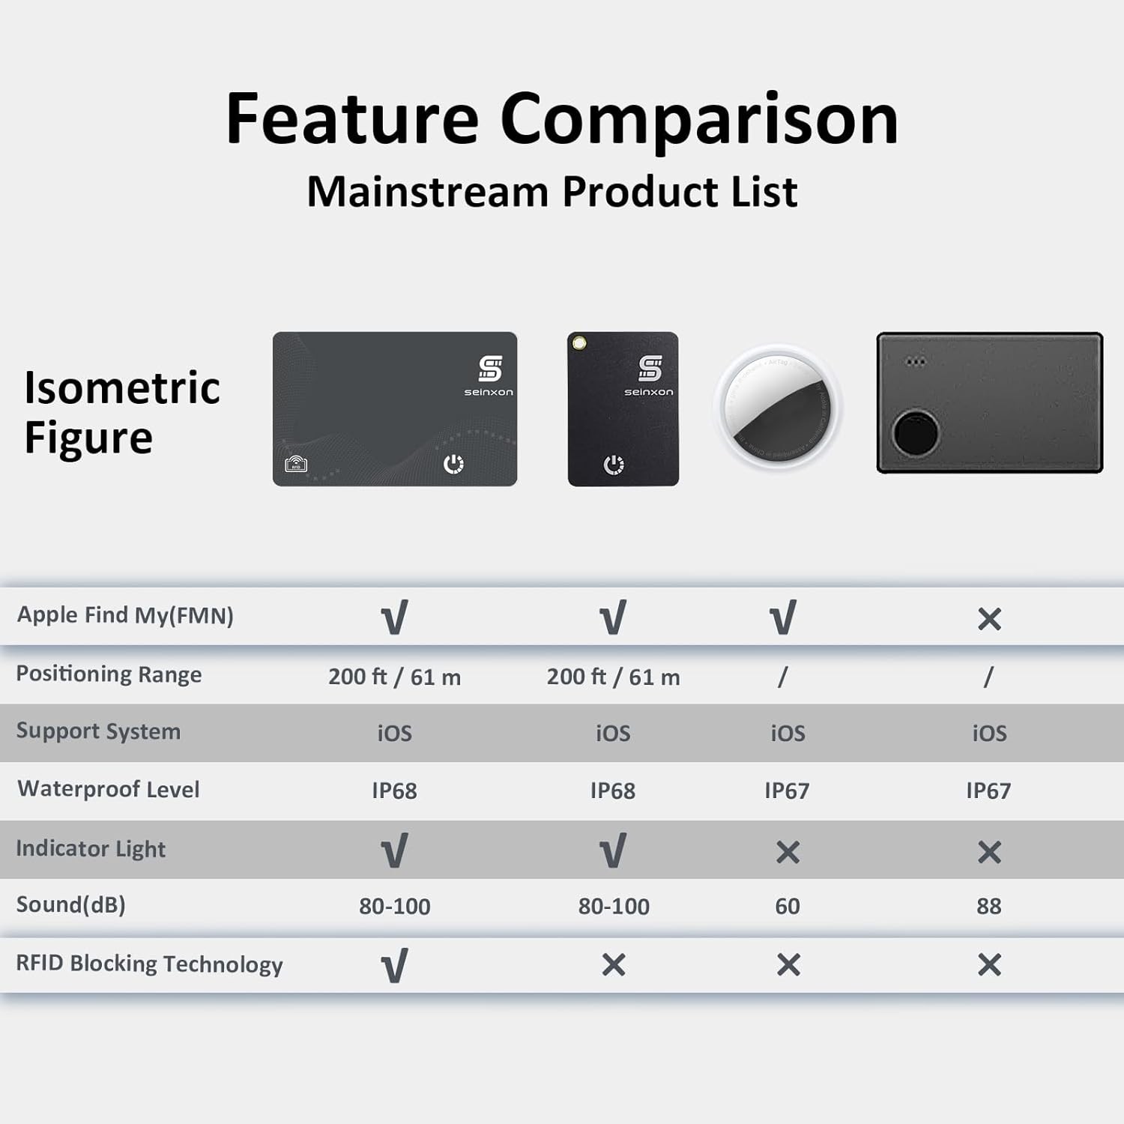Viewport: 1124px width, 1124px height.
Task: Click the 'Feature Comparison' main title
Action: [562, 120]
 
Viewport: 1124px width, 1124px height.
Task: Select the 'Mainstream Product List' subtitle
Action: [552, 192]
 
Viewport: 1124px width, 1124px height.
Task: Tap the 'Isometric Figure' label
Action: [122, 412]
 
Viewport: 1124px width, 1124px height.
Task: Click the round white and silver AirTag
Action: [779, 408]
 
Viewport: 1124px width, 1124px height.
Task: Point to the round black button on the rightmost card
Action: [916, 433]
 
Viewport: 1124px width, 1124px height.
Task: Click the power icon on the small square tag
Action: [614, 465]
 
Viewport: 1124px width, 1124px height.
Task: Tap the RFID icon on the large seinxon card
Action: [296, 464]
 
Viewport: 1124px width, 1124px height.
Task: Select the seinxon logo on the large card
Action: [489, 375]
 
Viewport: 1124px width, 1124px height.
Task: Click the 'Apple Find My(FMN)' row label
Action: [125, 615]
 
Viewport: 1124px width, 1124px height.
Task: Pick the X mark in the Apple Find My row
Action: [989, 619]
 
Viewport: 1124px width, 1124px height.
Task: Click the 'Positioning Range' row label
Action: [109, 674]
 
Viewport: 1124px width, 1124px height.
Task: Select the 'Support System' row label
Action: [98, 731]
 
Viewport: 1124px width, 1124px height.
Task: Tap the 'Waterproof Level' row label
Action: [109, 789]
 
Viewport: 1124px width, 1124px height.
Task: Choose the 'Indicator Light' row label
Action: [91, 848]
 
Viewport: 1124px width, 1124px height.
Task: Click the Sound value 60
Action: [788, 906]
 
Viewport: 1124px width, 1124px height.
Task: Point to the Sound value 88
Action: [989, 906]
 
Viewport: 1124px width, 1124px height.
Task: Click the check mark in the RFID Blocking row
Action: [395, 965]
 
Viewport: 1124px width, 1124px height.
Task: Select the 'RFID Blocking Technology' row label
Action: [149, 964]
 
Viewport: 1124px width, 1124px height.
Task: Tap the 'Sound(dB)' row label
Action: [71, 905]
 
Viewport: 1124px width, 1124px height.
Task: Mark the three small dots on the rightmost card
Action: [916, 362]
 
